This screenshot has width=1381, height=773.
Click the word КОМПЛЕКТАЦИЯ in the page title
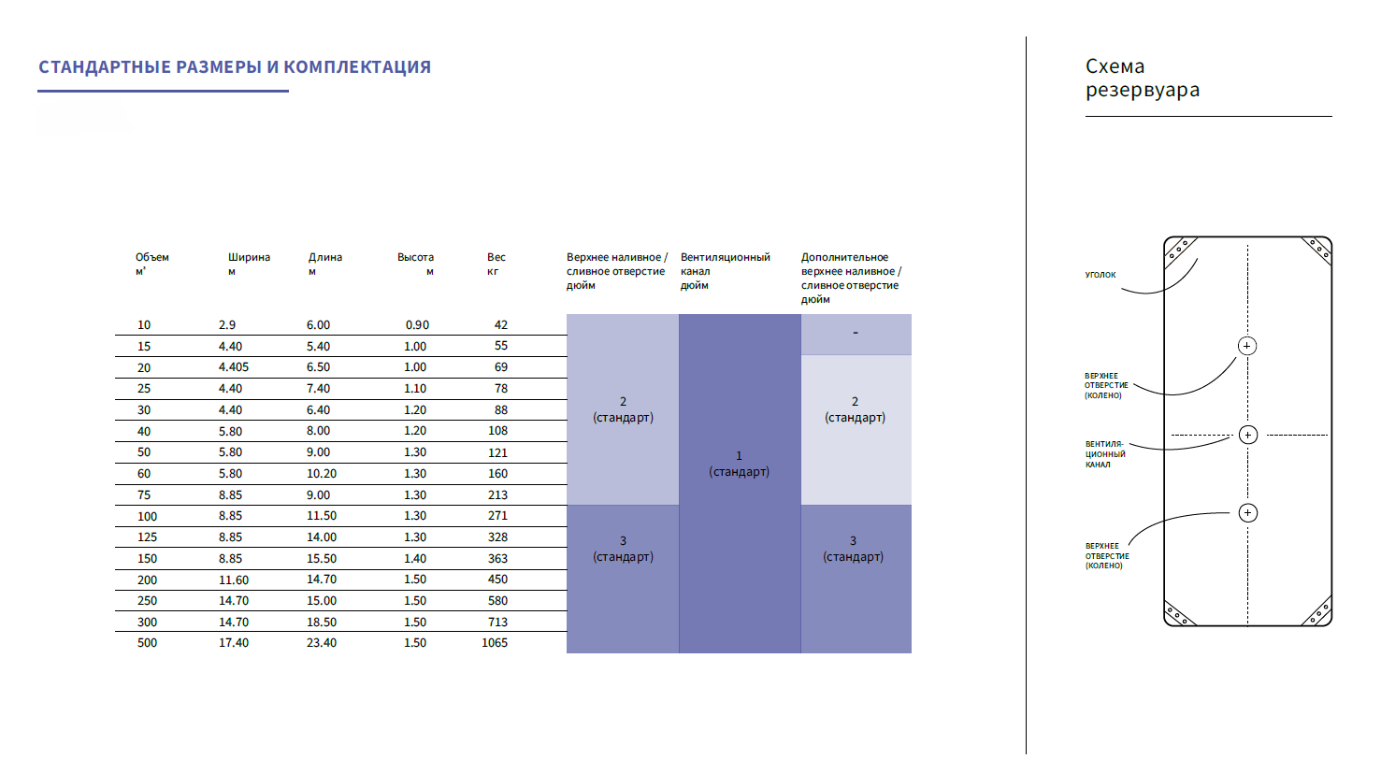pos(357,67)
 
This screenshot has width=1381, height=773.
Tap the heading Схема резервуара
pos(1142,79)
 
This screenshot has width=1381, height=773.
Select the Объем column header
pos(151,264)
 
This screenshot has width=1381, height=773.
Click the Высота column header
pos(415,264)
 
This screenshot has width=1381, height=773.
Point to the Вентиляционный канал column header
pos(725,270)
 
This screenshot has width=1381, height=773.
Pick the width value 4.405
pos(234,367)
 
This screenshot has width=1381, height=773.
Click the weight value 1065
pos(495,643)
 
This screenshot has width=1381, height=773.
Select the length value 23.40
pos(322,643)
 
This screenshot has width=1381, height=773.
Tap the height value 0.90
pos(417,325)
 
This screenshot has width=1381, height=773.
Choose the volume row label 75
pos(144,495)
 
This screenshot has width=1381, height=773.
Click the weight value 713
pos(497,623)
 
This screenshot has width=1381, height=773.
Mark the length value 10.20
pos(322,474)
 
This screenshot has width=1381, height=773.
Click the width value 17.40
pos(234,643)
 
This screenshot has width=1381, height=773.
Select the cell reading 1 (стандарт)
pos(739,464)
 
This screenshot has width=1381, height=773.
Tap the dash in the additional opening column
pos(856,334)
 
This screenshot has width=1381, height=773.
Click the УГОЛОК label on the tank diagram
pos(1100,275)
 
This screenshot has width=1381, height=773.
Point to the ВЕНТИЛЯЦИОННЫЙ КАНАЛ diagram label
pos(1105,454)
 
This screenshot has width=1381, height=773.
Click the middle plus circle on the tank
pos(1247,435)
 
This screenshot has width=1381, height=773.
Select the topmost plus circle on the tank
pos(1247,346)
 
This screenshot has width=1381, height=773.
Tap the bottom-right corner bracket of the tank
pos(1317,613)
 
